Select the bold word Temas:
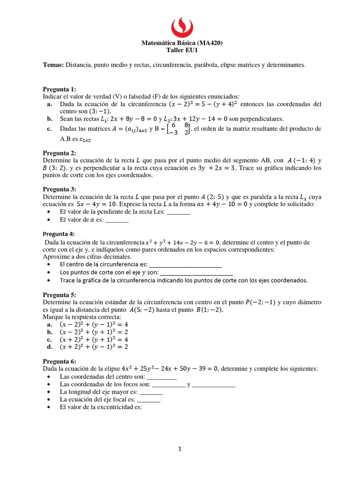[53, 65]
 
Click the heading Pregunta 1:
[59, 89]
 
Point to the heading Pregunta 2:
[59, 153]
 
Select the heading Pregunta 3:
[59, 189]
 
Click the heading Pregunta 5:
[59, 295]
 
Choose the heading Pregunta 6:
[59, 361]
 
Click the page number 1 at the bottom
[180, 449]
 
